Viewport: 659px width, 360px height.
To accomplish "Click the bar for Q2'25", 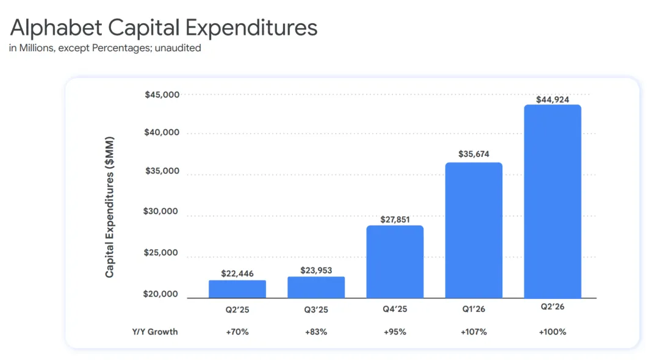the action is click(237, 289).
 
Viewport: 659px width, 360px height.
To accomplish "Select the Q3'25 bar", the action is click(316, 287).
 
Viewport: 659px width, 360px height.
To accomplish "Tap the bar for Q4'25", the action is click(395, 262).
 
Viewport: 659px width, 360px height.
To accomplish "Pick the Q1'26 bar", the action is click(474, 230).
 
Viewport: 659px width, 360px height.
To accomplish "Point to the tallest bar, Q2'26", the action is click(552, 201).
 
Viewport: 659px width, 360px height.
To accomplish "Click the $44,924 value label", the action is click(552, 99).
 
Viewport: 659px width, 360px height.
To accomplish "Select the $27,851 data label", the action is click(395, 220).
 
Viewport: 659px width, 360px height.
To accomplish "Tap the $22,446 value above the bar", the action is click(237, 274).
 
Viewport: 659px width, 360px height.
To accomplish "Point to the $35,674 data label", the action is click(474, 154).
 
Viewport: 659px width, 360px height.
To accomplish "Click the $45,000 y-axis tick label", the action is click(162, 95).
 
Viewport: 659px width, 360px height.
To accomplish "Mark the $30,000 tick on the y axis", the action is click(160, 211).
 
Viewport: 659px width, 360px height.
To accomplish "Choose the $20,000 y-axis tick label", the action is click(160, 294).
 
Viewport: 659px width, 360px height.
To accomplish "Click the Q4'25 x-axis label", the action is click(395, 309).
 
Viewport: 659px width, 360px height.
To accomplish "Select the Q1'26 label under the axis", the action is click(474, 309).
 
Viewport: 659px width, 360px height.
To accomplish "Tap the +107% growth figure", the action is click(474, 332).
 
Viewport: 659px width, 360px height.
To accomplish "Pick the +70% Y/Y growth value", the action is click(237, 332).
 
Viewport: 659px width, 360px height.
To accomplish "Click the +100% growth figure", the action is click(552, 332).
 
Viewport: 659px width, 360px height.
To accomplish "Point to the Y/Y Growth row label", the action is click(154, 332).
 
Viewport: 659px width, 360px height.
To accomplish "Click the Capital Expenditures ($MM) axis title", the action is click(109, 207).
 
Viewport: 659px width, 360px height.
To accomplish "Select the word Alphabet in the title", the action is click(56, 28).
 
